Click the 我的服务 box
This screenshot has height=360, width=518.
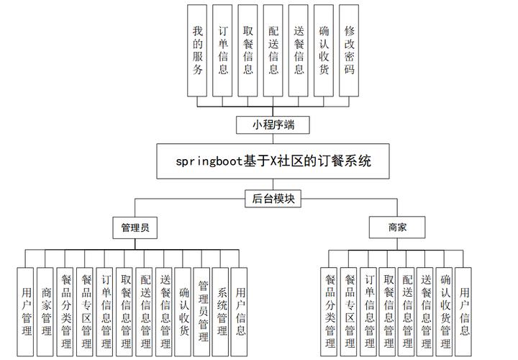point(198,50)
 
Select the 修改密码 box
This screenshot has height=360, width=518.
point(349,50)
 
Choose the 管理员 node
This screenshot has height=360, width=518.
point(135,228)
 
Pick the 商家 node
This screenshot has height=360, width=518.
point(397,228)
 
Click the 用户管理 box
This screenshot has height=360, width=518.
point(27,312)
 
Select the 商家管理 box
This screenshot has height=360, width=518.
point(46,312)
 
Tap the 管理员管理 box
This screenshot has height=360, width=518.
point(203,312)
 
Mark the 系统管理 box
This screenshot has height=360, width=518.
point(222,312)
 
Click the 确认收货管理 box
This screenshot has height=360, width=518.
point(445,312)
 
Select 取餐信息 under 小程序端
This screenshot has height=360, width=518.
point(248,50)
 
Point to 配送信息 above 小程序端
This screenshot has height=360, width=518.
point(273,50)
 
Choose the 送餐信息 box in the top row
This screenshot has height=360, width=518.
point(299,50)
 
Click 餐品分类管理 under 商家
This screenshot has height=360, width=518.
point(330,312)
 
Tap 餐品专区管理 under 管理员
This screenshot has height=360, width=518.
point(86,312)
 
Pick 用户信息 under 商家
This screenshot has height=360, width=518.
point(465,312)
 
